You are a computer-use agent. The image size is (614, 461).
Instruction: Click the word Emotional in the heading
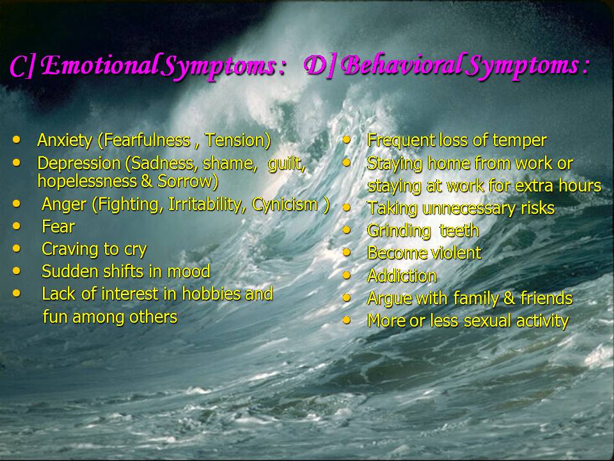pyautogui.click(x=102, y=65)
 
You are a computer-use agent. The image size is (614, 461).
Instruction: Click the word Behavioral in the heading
pyautogui.click(x=405, y=65)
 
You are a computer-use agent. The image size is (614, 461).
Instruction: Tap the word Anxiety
pyautogui.click(x=65, y=141)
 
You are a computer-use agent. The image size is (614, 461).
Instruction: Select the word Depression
pyautogui.click(x=79, y=163)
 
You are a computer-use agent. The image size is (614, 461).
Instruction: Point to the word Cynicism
pyautogui.click(x=285, y=205)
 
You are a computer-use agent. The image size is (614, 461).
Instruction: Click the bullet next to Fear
pyautogui.click(x=17, y=225)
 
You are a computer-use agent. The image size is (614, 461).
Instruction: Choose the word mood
pyautogui.click(x=189, y=271)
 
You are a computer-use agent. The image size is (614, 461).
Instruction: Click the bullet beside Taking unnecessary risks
pyautogui.click(x=347, y=207)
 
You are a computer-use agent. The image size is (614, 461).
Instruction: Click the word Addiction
pyautogui.click(x=402, y=275)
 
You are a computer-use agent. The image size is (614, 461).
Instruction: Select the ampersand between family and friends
pyautogui.click(x=509, y=298)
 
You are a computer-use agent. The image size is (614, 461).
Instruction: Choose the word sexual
pyautogui.click(x=487, y=321)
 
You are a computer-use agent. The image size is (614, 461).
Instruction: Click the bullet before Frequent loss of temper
pyautogui.click(x=347, y=140)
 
